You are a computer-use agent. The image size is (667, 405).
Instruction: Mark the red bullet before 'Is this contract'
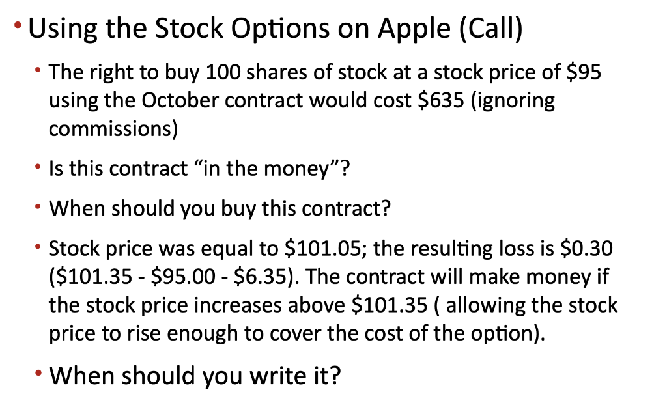tap(41, 166)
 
